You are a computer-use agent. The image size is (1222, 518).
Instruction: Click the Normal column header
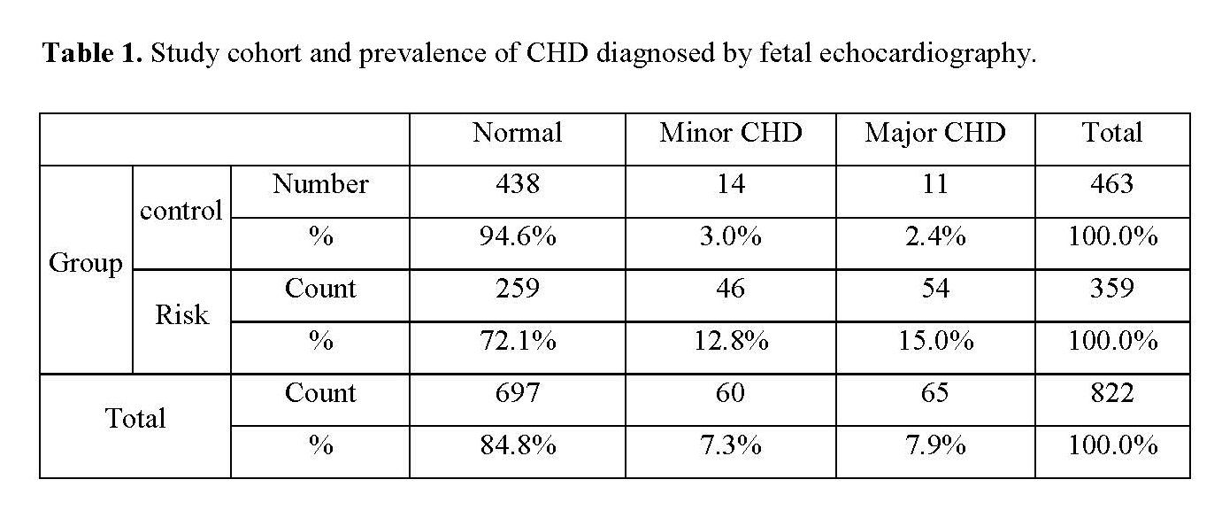coord(517,133)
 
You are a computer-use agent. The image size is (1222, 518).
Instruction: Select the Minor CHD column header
coord(731,133)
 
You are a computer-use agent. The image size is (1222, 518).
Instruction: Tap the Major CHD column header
coord(935,134)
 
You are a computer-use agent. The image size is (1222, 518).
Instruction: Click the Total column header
coord(1111,133)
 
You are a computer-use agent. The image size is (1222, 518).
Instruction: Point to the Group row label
coord(86,264)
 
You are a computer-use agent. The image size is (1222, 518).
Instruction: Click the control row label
coord(181,211)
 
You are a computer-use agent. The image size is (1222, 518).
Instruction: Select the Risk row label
coord(181,315)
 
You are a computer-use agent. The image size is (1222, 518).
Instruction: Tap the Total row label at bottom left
coord(135,419)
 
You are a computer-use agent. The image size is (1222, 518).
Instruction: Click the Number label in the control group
coord(320,184)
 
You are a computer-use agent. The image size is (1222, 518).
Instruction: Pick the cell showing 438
coord(517,184)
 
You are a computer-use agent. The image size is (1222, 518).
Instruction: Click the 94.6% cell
coord(518,236)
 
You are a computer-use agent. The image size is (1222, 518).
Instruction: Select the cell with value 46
coord(731,288)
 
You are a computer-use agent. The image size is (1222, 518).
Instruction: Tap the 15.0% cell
coord(935,341)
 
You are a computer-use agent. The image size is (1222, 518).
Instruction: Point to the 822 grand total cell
coord(1112,393)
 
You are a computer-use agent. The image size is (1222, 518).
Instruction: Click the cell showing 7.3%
coord(731,445)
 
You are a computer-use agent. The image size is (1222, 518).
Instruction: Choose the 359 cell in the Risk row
coord(1112,288)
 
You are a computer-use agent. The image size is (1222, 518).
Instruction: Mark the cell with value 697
coord(517,393)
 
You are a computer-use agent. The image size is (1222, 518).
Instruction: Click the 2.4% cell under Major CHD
coord(935,236)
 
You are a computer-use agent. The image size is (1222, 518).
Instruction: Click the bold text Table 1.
coord(93,53)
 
